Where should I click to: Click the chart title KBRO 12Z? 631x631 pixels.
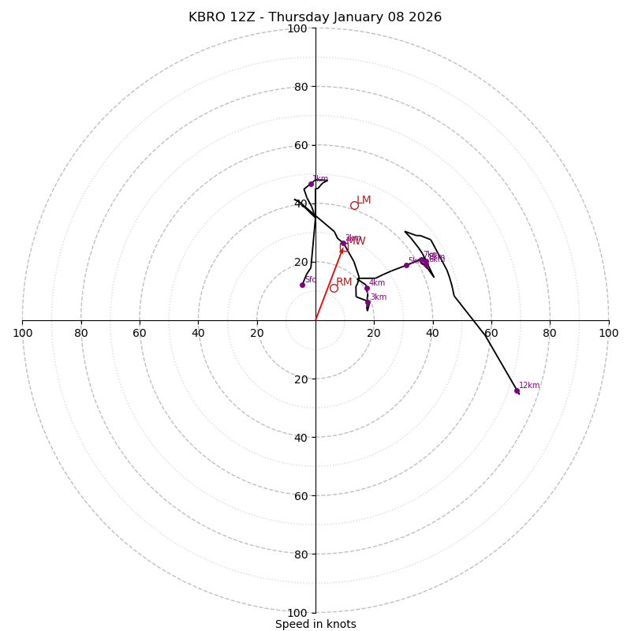315,17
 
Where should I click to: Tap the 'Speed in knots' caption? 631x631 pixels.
315,624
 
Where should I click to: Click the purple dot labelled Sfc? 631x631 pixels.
302,285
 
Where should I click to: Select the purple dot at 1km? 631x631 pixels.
311,184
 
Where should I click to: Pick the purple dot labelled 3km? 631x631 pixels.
368,302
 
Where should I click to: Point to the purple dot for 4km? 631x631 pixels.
367,288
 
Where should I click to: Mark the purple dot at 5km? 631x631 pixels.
406,265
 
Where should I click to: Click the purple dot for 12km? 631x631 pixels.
517,390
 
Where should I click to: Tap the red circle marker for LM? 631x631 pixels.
354,205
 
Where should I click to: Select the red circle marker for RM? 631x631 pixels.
334,288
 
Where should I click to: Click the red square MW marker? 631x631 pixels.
344,248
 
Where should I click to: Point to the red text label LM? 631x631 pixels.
364,200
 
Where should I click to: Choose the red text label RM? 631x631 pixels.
344,282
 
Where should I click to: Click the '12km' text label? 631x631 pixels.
529,386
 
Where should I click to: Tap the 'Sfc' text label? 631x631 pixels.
311,280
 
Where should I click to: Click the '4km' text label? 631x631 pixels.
377,283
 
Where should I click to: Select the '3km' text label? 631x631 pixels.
379,297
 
